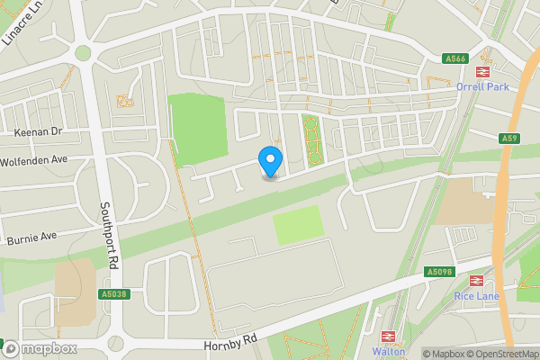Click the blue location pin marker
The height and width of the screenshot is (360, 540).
(x=270, y=162)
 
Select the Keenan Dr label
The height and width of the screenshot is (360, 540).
(x=38, y=131)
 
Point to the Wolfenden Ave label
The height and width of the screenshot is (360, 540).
(x=35, y=159)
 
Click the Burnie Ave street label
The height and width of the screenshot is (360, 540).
(x=31, y=238)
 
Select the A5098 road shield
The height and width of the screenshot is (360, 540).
(x=437, y=271)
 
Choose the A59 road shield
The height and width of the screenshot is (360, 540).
(x=509, y=138)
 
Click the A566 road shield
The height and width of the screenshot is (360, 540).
(x=456, y=59)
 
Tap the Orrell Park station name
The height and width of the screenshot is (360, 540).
(x=483, y=87)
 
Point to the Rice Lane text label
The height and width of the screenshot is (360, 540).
(x=476, y=295)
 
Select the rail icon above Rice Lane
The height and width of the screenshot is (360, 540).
(x=476, y=280)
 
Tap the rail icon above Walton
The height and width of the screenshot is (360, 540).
(x=390, y=337)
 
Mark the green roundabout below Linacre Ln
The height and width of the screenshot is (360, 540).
(x=83, y=53)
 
